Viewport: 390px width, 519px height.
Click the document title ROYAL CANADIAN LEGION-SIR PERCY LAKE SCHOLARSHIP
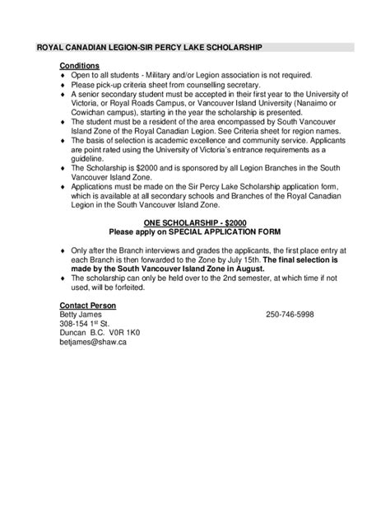click(x=150, y=49)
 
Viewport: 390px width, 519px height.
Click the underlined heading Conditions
click(x=80, y=65)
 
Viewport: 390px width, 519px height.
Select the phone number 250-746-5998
click(x=289, y=316)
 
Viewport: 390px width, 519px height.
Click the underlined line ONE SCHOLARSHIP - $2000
click(x=193, y=222)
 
